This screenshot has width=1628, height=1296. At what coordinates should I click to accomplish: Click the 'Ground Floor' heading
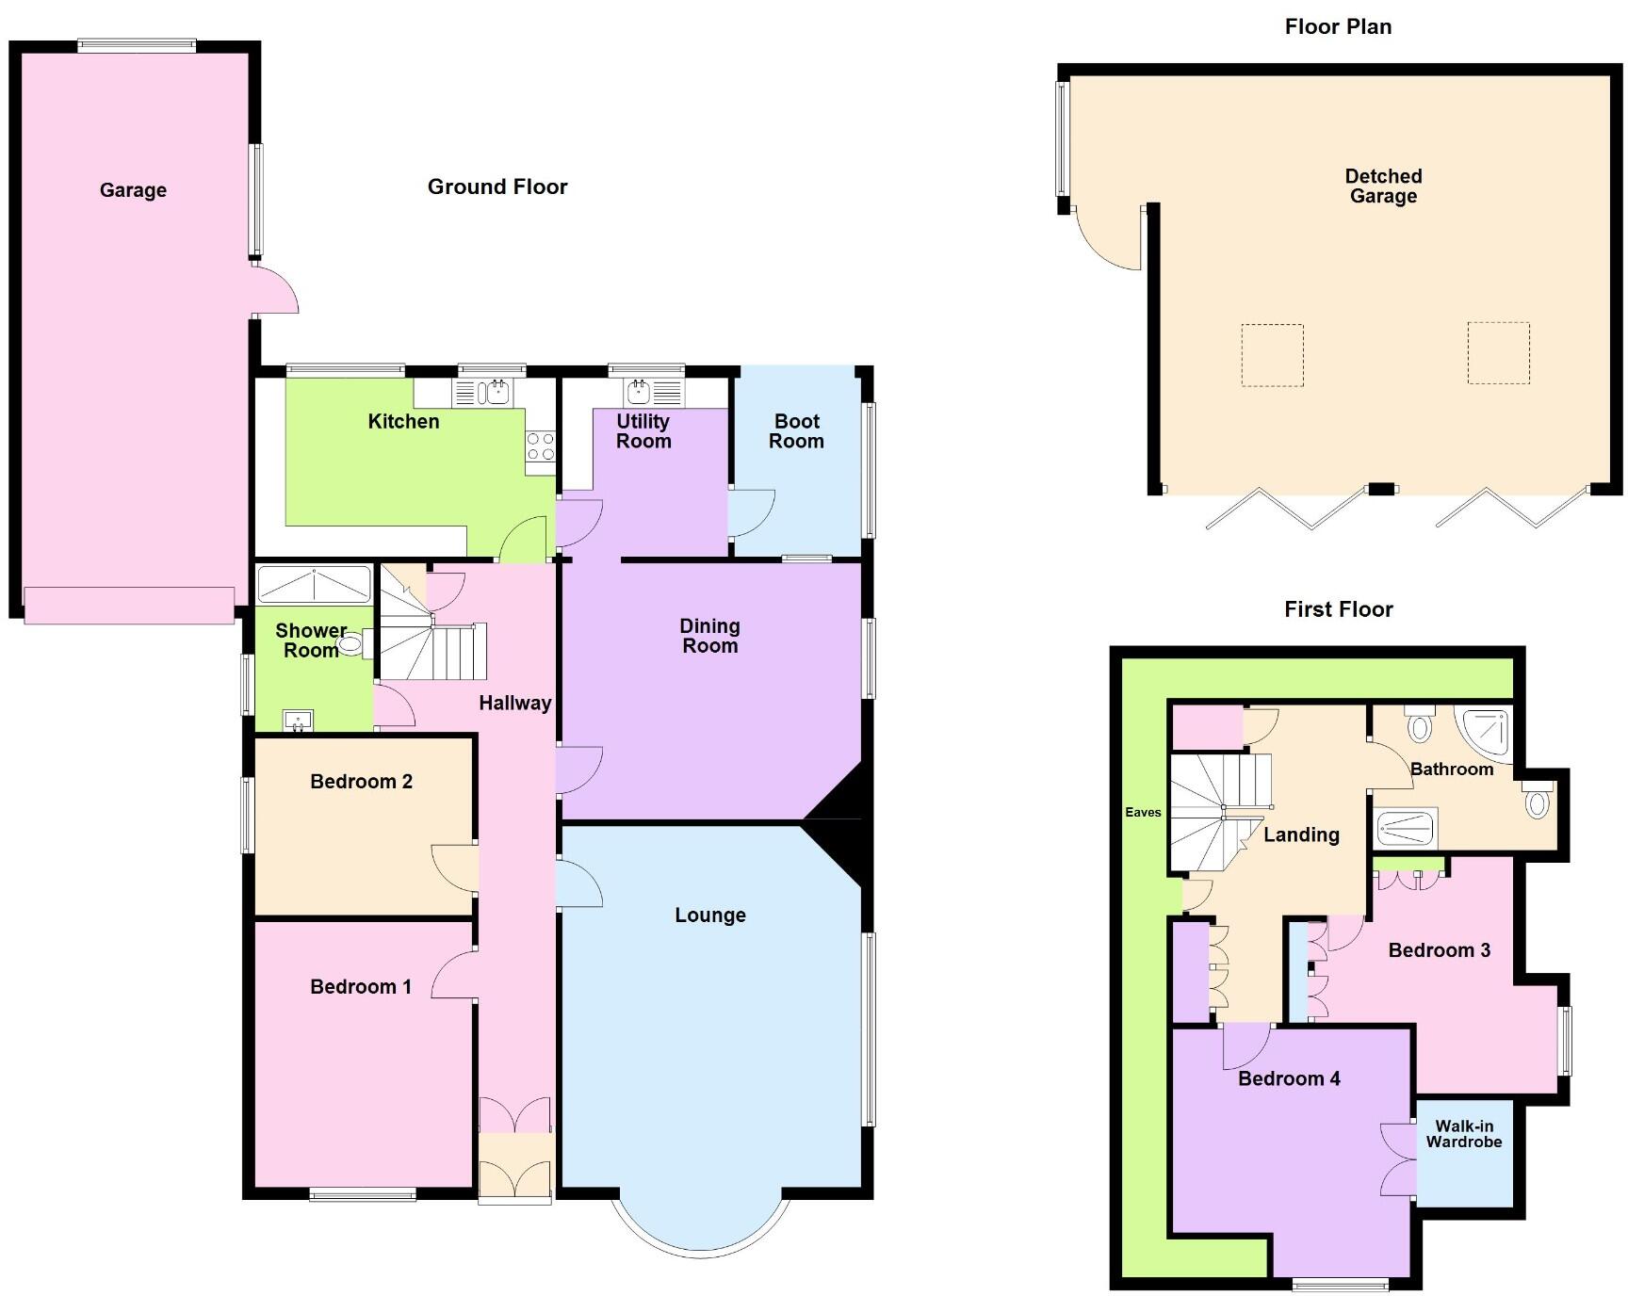pyautogui.click(x=497, y=186)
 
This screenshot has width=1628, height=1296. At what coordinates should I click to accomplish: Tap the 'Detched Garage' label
pyautogui.click(x=1383, y=186)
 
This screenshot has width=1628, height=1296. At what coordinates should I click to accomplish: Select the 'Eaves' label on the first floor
pyautogui.click(x=1143, y=812)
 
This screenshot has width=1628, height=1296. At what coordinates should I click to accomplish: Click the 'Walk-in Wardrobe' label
pyautogui.click(x=1463, y=1134)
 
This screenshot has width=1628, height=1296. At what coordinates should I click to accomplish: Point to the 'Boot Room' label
pyautogui.click(x=796, y=431)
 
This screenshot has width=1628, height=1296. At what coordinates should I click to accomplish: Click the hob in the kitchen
pyautogui.click(x=541, y=446)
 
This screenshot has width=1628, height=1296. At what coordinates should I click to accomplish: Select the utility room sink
pyautogui.click(x=640, y=391)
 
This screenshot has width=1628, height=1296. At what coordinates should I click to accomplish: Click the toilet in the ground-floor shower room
pyautogui.click(x=350, y=644)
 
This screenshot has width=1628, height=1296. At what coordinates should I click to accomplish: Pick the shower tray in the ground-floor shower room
pyautogui.click(x=314, y=584)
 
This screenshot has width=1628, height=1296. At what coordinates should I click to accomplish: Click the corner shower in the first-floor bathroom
pyautogui.click(x=1487, y=732)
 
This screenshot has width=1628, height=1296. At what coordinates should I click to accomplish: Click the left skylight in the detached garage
pyautogui.click(x=1272, y=355)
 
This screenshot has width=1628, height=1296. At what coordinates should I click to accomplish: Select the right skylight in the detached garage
pyautogui.click(x=1498, y=353)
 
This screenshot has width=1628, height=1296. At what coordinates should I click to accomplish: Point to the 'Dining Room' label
pyautogui.click(x=709, y=636)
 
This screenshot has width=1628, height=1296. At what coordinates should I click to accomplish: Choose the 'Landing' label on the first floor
pyautogui.click(x=1301, y=834)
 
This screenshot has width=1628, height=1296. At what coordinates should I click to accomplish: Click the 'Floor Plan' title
pyautogui.click(x=1338, y=26)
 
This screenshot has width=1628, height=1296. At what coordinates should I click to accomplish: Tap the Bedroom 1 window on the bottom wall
pyautogui.click(x=363, y=1196)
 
